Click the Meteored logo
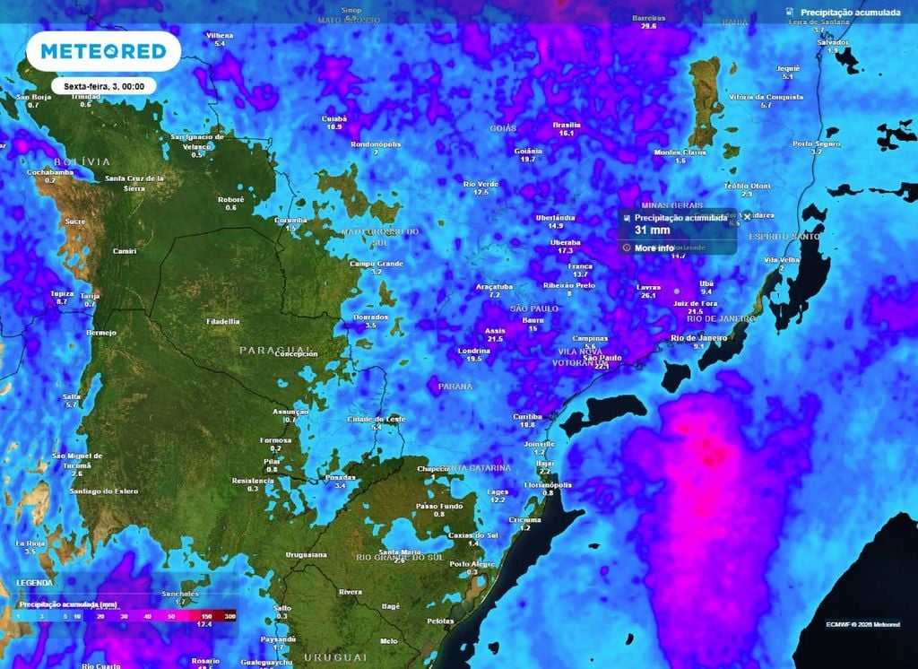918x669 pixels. (103, 51)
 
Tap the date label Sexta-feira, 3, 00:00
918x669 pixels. (104, 86)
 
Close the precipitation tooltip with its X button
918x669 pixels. (747, 217)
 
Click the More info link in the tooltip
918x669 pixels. (654, 248)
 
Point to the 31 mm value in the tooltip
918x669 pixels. (652, 230)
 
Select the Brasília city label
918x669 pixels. (567, 126)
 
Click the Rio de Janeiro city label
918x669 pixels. (699, 337)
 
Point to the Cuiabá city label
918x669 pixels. (333, 118)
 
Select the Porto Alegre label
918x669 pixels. (472, 564)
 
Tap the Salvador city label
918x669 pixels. (833, 42)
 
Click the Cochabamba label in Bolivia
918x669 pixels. (49, 171)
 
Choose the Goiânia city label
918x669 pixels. (528, 152)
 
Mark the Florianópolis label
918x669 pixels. (549, 485)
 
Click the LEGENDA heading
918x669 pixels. (34, 583)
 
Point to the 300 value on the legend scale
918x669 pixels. (230, 616)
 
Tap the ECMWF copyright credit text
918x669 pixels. (862, 624)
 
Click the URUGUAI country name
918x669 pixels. (335, 657)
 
